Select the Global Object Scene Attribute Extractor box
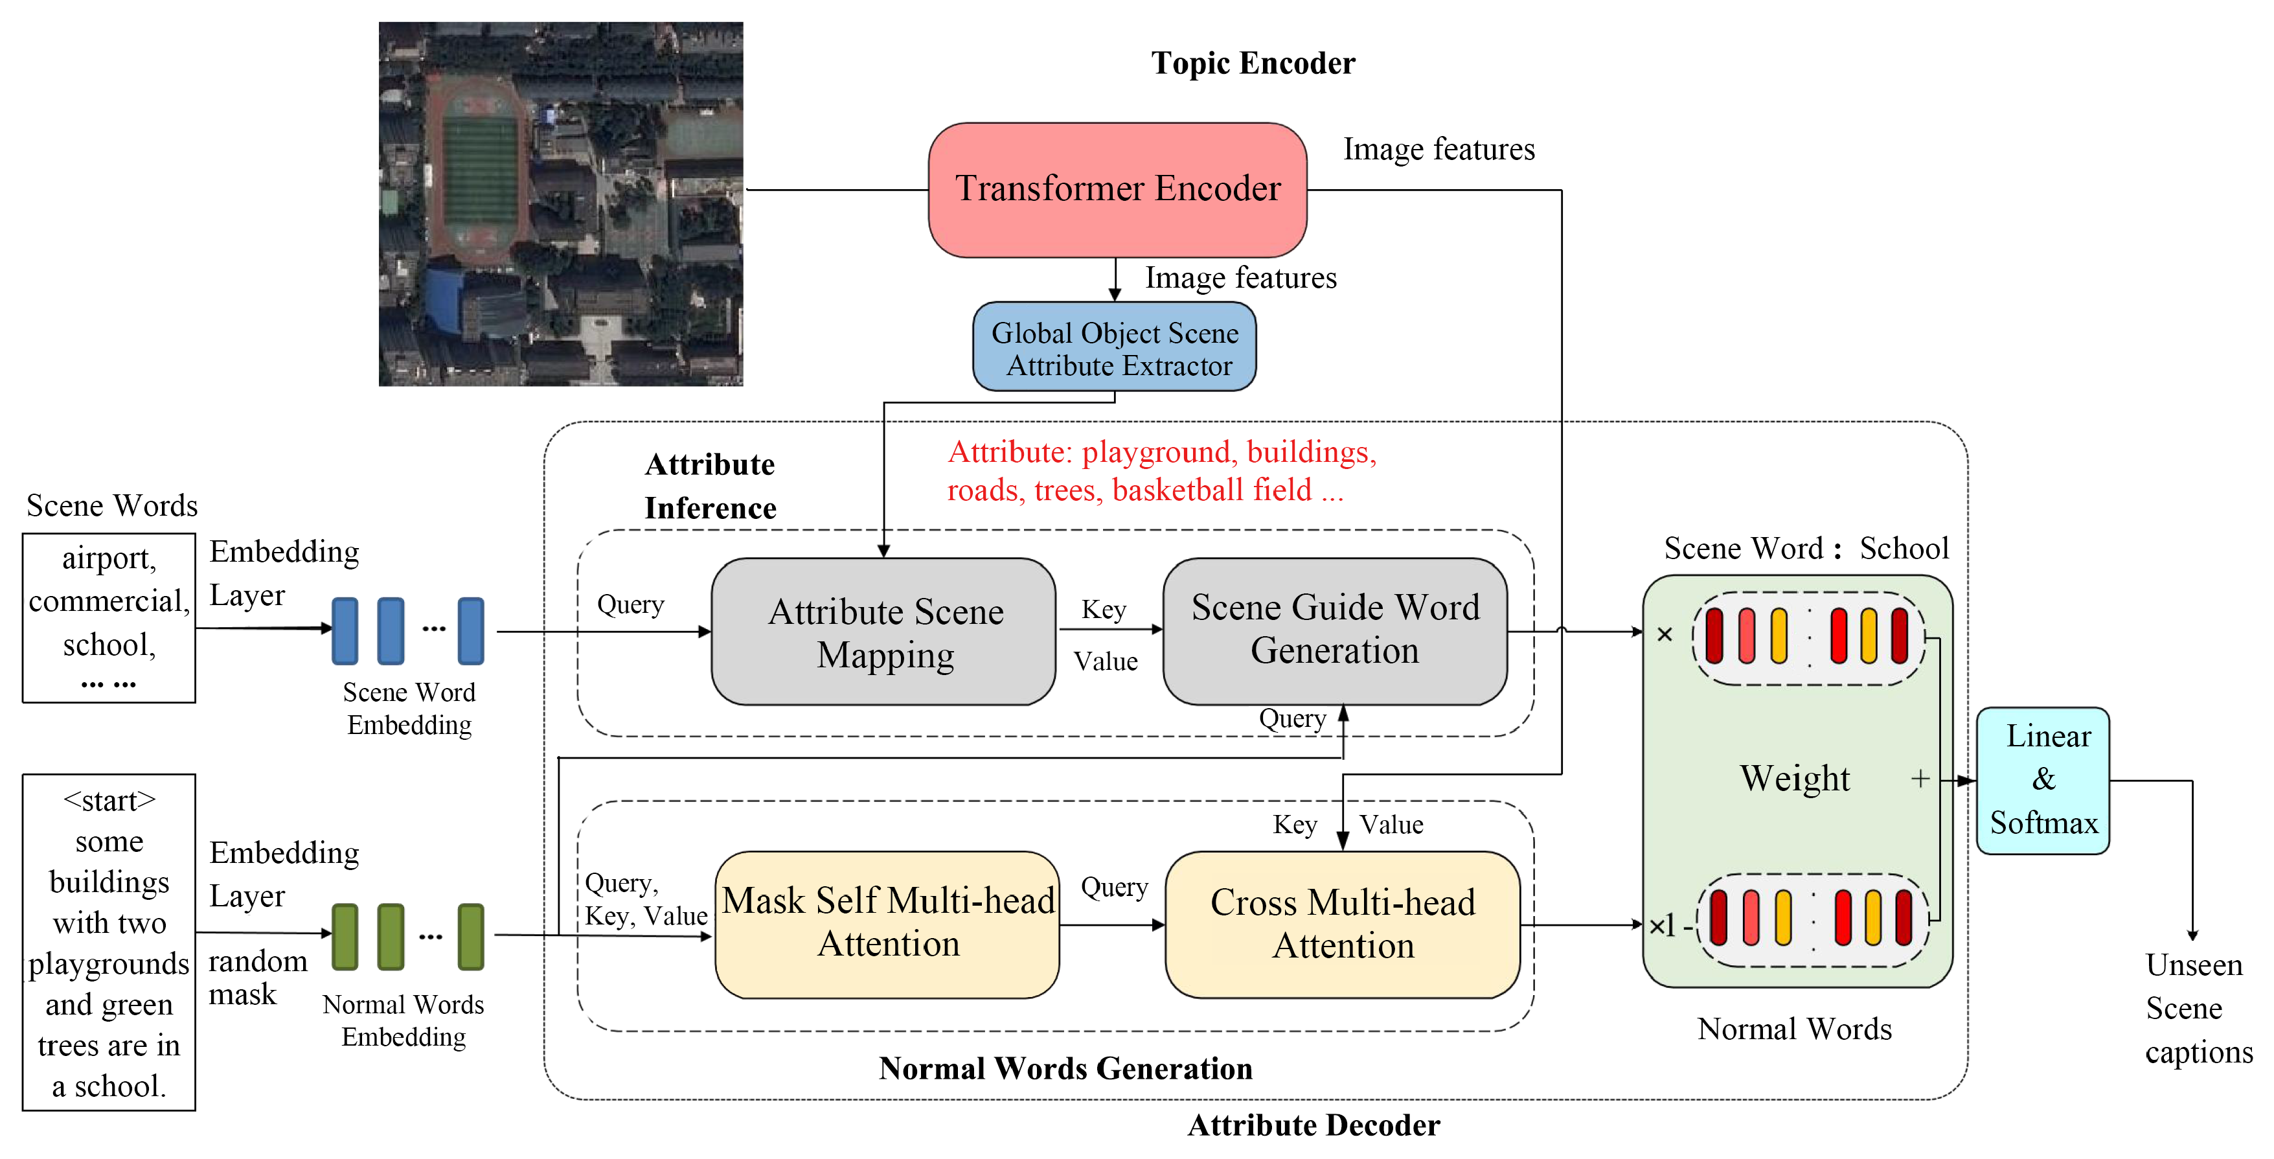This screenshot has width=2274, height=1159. pos(1114,348)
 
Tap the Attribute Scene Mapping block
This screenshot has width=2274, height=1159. pos(883,632)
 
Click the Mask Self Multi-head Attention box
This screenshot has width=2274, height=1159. pos(887,923)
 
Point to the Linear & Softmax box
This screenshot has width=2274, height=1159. pos(2043,780)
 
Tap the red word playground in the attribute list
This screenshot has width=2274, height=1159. pos(1155,453)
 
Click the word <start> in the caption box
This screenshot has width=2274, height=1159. pos(109,801)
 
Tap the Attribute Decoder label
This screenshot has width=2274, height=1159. pos(1313,1125)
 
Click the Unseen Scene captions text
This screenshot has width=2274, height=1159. pos(2196,1008)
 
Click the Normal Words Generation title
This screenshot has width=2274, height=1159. pos(1065,1069)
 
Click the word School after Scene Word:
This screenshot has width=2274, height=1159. pos(1904,549)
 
